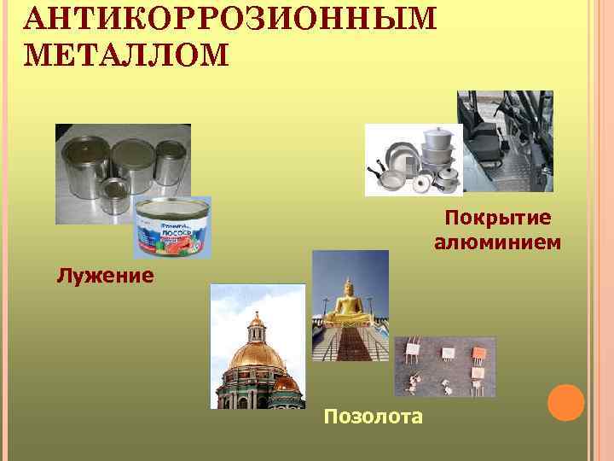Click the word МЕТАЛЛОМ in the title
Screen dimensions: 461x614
(x=128, y=55)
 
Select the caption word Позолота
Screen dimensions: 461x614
(x=373, y=417)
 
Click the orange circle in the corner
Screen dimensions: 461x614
(x=565, y=402)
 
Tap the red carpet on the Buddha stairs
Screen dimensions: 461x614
(x=350, y=346)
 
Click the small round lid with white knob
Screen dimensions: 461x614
(x=421, y=181)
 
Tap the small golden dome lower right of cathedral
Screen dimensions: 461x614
(x=287, y=384)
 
